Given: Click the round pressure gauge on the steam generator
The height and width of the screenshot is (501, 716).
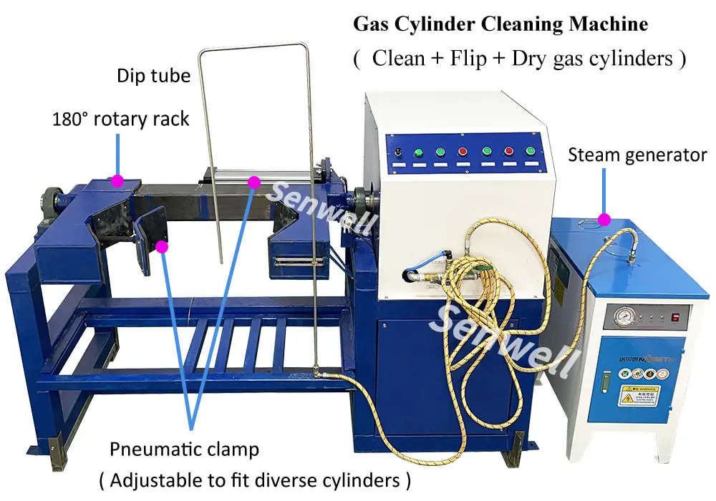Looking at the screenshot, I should [615, 315].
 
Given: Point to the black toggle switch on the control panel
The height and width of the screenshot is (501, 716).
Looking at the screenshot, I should [397, 151].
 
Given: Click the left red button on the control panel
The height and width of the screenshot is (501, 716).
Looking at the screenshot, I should [463, 151].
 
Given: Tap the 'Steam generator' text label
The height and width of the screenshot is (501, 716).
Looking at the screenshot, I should [637, 155].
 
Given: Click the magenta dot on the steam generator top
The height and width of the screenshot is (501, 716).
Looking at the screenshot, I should [604, 220].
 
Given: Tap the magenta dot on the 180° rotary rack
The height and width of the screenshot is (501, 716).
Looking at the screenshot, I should [117, 180].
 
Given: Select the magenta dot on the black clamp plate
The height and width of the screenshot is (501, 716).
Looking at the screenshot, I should [162, 247].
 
